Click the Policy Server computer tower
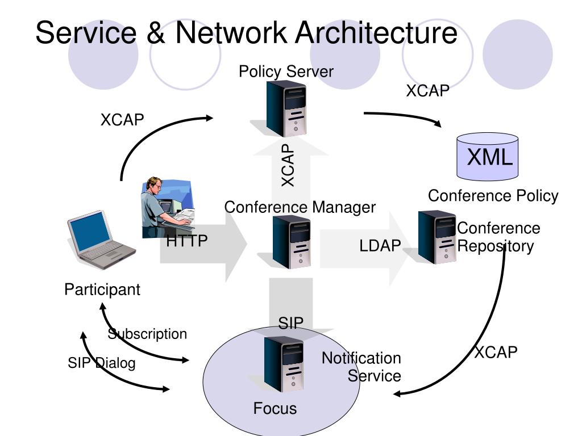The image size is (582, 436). [286, 108]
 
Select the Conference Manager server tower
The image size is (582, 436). [292, 242]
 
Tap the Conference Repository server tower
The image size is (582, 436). [437, 237]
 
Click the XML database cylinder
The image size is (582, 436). [487, 157]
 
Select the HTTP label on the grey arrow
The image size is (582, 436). [186, 241]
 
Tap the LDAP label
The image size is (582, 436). [380, 245]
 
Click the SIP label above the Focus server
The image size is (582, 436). [290, 323]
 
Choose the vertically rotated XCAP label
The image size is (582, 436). [288, 165]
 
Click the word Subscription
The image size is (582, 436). [147, 334]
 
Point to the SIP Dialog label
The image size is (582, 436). [102, 363]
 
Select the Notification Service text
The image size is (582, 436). [361, 367]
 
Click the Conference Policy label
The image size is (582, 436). [493, 196]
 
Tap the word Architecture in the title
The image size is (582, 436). [376, 32]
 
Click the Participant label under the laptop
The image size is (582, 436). [102, 290]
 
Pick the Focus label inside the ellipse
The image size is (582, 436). [275, 409]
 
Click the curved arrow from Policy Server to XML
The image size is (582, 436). [403, 116]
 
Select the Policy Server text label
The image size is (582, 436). [286, 72]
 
